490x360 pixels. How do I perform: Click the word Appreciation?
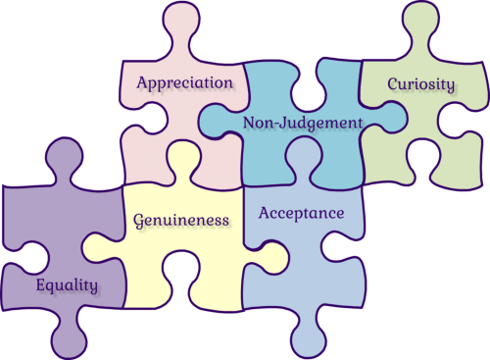click(x=185, y=83)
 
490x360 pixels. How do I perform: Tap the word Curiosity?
click(x=421, y=84)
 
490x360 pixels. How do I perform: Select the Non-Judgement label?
click(x=303, y=124)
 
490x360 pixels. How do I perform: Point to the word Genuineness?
click(x=181, y=221)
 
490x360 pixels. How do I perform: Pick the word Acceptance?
click(x=302, y=213)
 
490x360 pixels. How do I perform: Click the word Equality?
click(x=67, y=285)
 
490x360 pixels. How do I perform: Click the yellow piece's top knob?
click(x=183, y=162)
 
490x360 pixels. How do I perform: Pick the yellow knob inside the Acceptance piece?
click(x=268, y=258)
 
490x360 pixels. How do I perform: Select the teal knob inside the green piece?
click(x=385, y=118)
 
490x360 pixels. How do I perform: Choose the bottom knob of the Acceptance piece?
click(x=309, y=334)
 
